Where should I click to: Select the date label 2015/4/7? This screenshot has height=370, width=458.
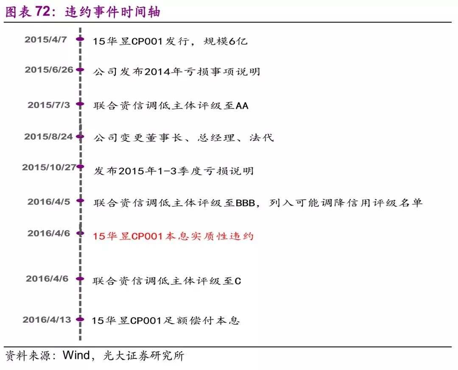46,40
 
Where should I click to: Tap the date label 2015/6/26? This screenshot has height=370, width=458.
49,70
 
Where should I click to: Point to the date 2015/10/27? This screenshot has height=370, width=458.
49,167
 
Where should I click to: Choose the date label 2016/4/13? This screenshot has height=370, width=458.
47,320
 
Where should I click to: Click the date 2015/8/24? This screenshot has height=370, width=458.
48,136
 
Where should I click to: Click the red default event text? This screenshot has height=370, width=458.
173,236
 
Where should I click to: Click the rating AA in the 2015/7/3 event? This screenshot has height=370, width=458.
242,106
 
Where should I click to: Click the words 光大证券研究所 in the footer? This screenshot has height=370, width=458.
144,355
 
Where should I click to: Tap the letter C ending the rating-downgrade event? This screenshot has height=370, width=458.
237,281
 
